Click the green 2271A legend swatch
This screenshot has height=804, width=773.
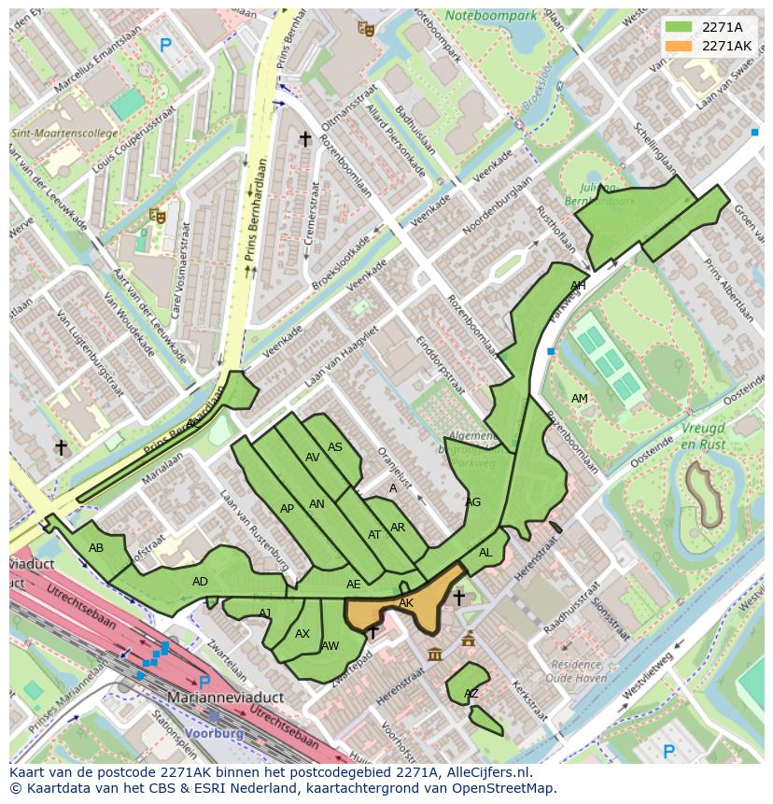[x=677, y=27]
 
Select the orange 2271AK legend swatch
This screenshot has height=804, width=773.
[x=677, y=46]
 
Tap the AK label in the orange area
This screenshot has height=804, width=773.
[x=406, y=603]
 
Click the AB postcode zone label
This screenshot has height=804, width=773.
[x=96, y=548]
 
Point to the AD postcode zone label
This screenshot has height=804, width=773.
[x=200, y=582]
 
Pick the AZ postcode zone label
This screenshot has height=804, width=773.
[x=471, y=694]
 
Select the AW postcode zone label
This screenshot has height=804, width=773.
[x=330, y=645]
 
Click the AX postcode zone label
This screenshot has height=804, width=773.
[x=302, y=633]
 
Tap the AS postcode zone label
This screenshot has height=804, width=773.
[x=335, y=447]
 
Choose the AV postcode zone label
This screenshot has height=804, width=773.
[x=313, y=458]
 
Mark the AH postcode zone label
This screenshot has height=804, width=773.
[x=578, y=286]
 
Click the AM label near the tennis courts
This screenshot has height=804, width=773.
[x=580, y=399]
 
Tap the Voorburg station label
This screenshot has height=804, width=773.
[x=215, y=733]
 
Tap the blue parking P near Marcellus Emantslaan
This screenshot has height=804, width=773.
[x=166, y=44]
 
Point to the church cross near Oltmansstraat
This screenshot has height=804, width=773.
[x=304, y=138]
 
